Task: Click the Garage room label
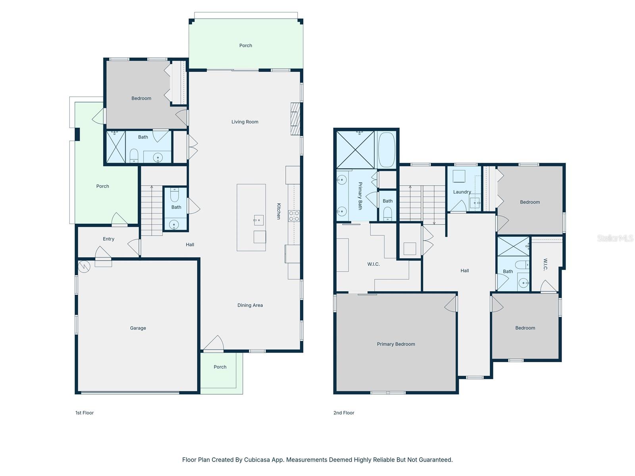tap(138, 328)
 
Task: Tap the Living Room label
tap(245, 122)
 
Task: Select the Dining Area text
tap(250, 305)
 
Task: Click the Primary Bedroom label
tap(396, 344)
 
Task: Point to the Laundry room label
tap(462, 192)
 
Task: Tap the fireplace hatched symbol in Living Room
tap(295, 119)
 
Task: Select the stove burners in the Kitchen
tap(294, 216)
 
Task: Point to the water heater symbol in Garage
tap(84, 267)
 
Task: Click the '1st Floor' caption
tap(85, 413)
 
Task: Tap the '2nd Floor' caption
tap(344, 413)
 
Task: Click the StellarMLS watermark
tap(615, 238)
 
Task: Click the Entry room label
tap(108, 239)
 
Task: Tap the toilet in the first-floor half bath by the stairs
tap(175, 195)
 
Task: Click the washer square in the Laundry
tap(459, 176)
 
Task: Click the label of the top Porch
tap(246, 45)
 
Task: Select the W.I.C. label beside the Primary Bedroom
tap(373, 264)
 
